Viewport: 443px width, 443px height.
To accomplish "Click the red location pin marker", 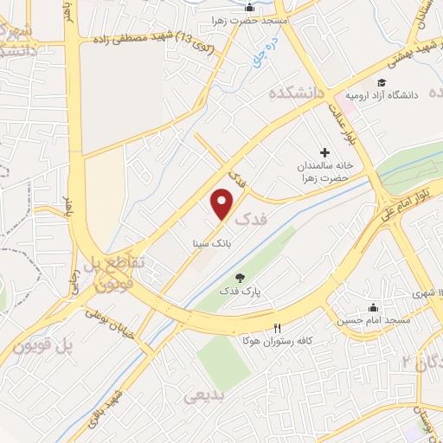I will (x=222, y=204).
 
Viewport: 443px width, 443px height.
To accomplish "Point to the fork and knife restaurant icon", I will (x=277, y=328).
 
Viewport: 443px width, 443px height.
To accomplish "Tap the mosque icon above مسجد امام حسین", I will (x=373, y=307).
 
